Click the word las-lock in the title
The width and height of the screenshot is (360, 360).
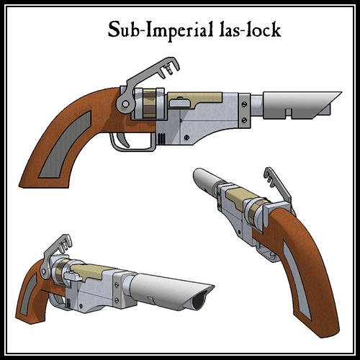[250, 30]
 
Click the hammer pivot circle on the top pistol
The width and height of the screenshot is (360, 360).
[125, 104]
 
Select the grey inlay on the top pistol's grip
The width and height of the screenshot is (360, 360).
[66, 145]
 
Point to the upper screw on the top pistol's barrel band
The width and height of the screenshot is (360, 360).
[244, 104]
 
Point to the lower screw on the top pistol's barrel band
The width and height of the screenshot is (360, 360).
[244, 120]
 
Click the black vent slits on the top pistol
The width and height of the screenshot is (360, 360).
[161, 138]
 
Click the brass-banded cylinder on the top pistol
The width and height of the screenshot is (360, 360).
[150, 104]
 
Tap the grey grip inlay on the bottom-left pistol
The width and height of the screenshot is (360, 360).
[28, 294]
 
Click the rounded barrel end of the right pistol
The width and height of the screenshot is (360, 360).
[200, 175]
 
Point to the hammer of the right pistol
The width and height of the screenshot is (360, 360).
[279, 189]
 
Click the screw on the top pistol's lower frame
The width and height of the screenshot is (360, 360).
[186, 138]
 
